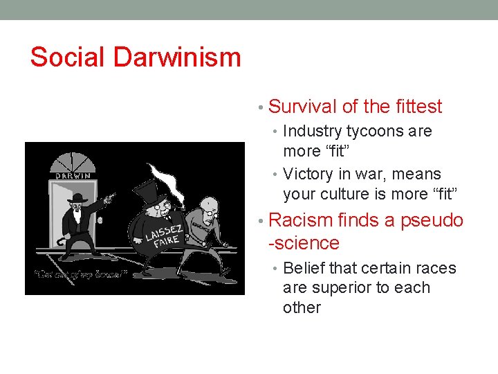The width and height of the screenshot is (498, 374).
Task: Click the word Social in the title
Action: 67,57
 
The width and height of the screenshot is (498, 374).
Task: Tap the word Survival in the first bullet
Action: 302,107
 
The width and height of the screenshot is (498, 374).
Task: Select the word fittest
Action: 417,107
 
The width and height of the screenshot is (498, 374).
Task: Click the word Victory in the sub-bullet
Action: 308,174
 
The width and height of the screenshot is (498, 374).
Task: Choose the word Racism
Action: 299,220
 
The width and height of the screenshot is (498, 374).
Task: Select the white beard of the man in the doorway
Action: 77,212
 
